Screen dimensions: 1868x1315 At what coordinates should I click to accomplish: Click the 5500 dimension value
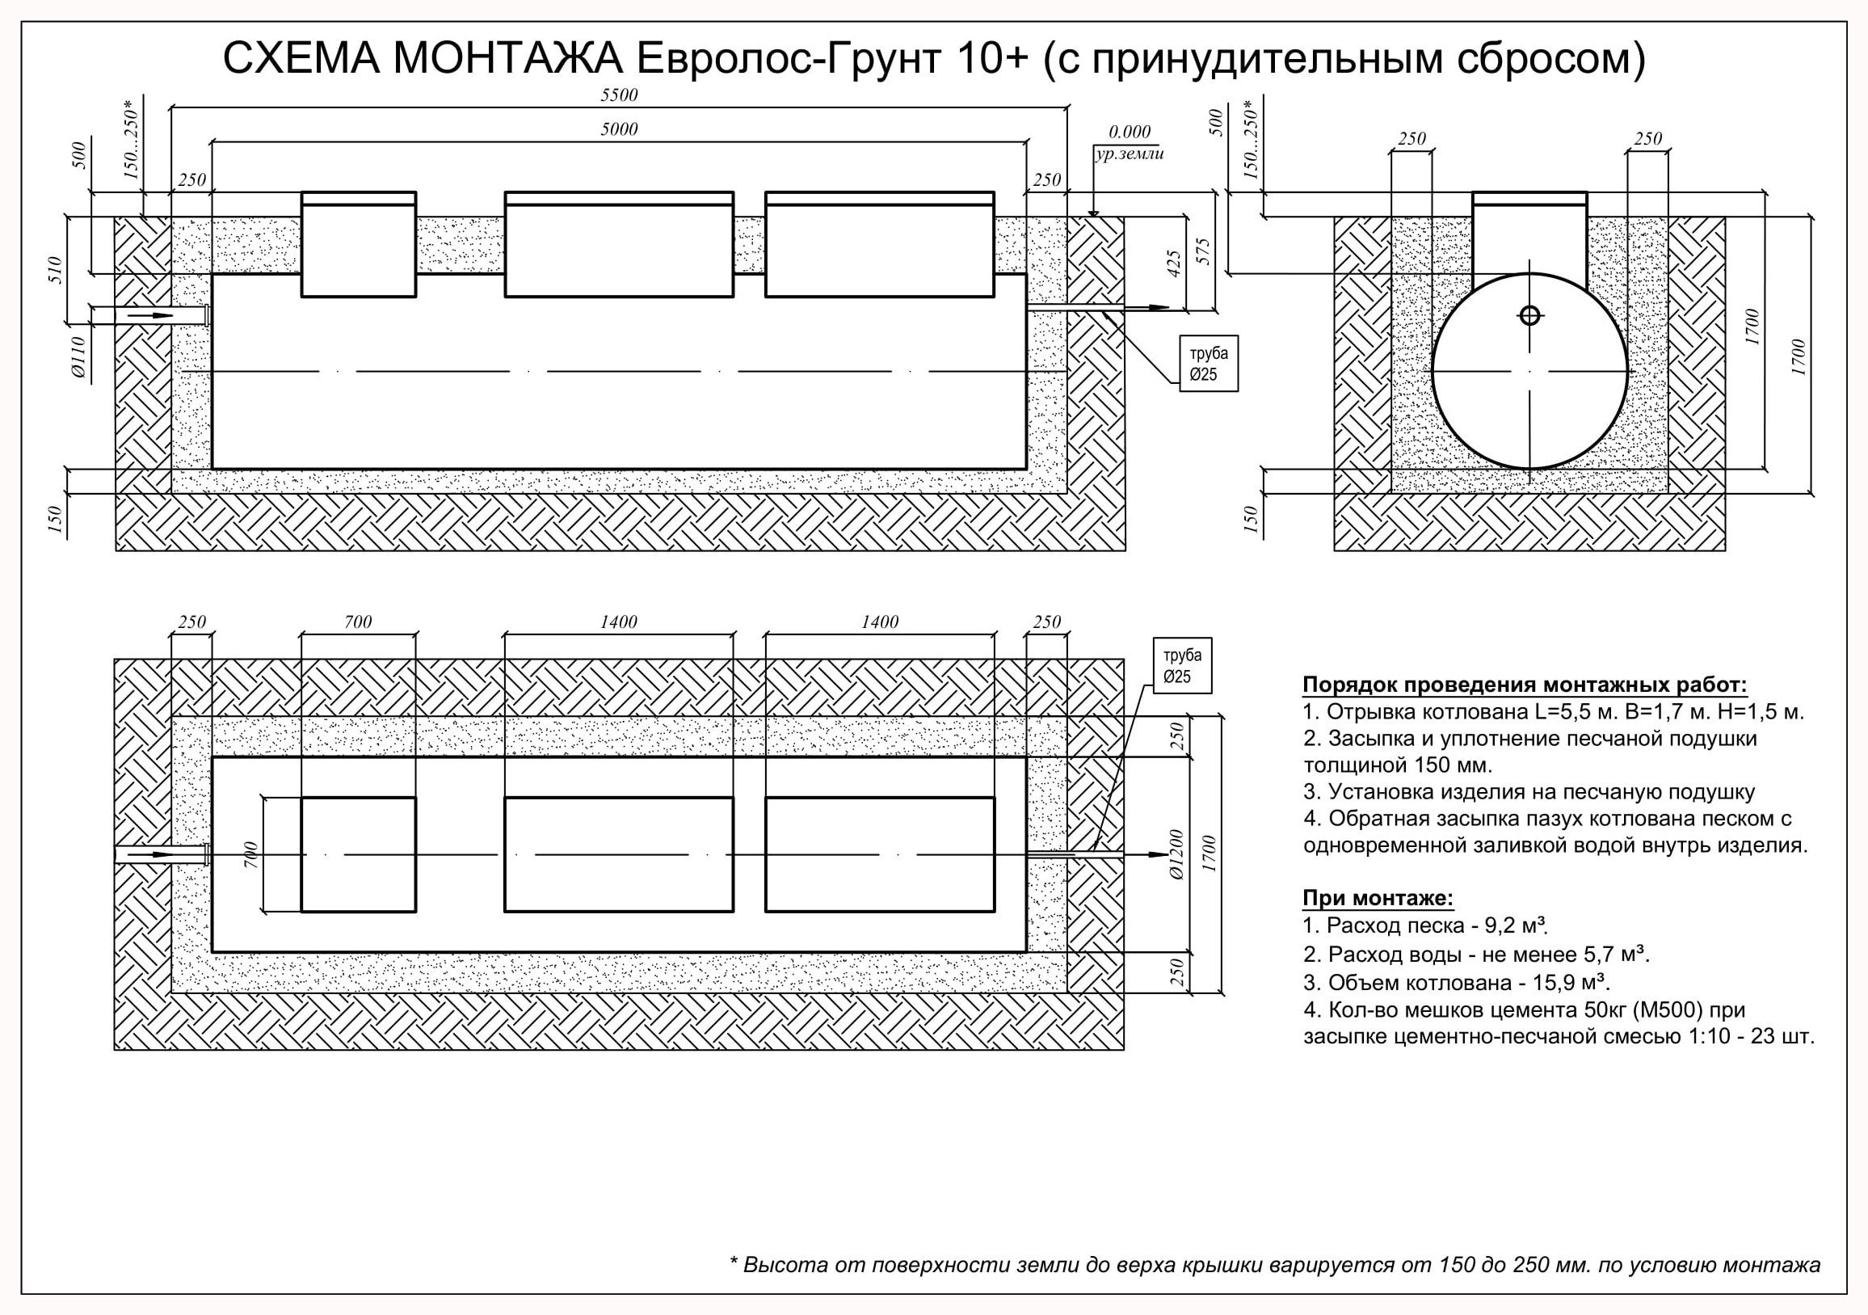(619, 95)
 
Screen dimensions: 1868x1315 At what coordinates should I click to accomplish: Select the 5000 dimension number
(619, 129)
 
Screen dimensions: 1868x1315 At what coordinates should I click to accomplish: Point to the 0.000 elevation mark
(1130, 132)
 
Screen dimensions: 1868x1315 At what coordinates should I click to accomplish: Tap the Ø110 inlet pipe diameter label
(78, 356)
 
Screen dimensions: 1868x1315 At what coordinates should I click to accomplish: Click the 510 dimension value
(55, 269)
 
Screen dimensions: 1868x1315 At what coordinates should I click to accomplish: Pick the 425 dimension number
(1173, 263)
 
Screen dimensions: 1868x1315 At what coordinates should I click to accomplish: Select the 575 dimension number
(1204, 251)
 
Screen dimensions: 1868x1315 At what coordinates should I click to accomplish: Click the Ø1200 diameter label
(1177, 854)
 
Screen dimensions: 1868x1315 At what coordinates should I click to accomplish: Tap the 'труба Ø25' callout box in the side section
(1209, 364)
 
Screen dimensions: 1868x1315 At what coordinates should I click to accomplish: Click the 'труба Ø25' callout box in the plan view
(1182, 666)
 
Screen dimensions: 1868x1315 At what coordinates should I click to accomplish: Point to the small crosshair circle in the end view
(1529, 315)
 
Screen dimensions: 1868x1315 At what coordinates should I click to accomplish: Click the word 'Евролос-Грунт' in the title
(789, 58)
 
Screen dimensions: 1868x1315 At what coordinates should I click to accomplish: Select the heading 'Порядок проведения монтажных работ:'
(1525, 685)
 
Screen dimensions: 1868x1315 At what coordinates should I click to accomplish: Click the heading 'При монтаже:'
(1378, 898)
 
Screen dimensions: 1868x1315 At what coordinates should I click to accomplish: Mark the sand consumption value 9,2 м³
(1516, 925)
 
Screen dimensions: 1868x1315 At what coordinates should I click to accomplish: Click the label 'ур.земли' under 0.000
(1130, 154)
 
